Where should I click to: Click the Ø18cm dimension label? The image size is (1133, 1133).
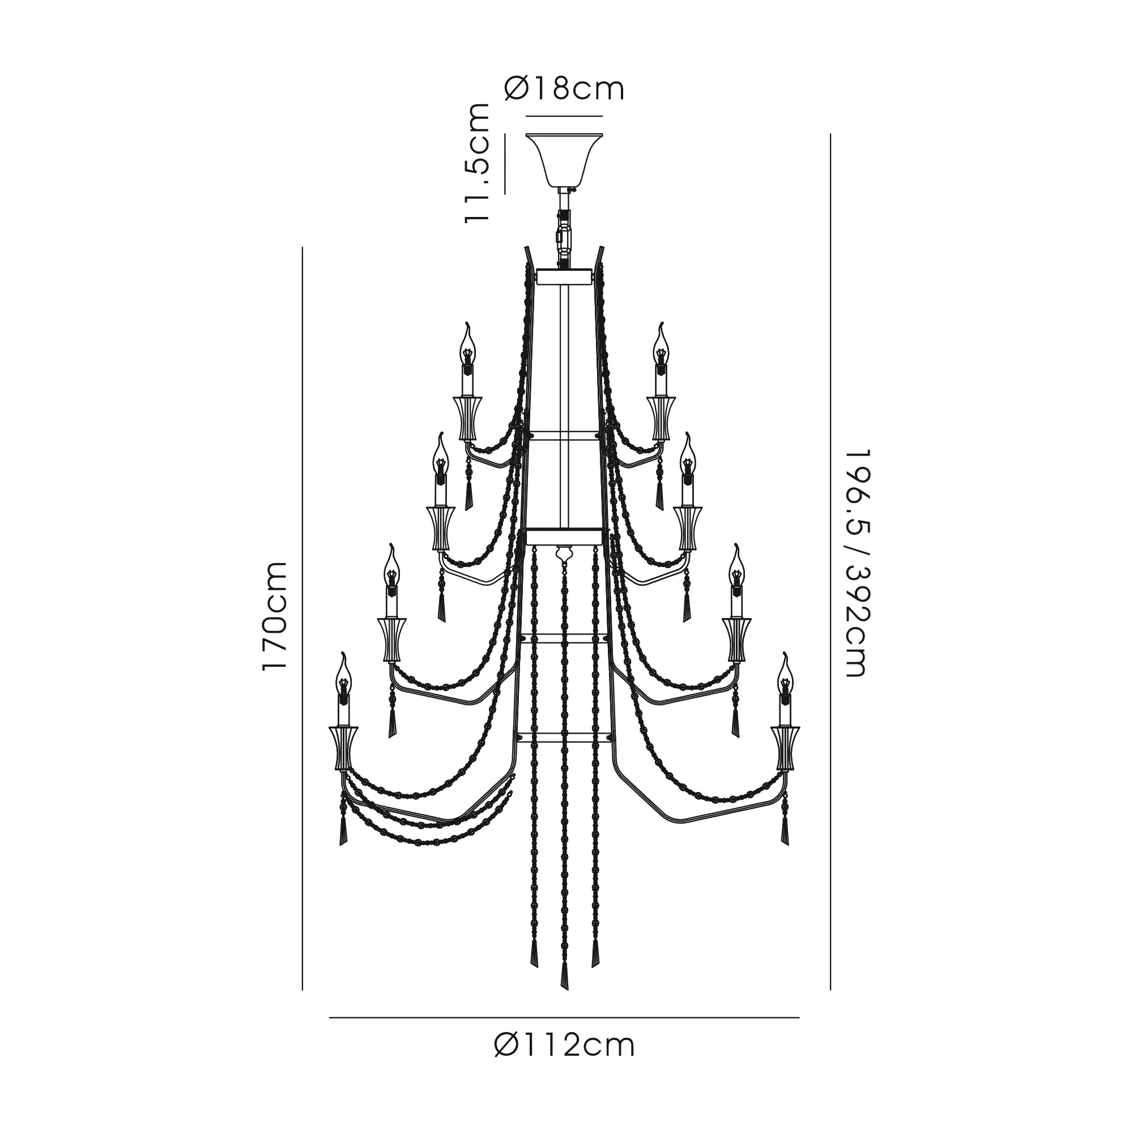point(564,89)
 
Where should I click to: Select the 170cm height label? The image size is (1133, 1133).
point(274,616)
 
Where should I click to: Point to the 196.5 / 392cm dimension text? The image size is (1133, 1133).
point(855,563)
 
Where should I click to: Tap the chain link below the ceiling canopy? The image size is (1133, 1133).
point(564,235)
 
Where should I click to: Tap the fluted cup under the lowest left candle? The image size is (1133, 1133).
point(344,748)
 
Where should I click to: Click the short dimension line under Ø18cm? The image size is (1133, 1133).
point(564,116)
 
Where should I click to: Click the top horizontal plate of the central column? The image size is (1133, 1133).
point(564,276)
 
